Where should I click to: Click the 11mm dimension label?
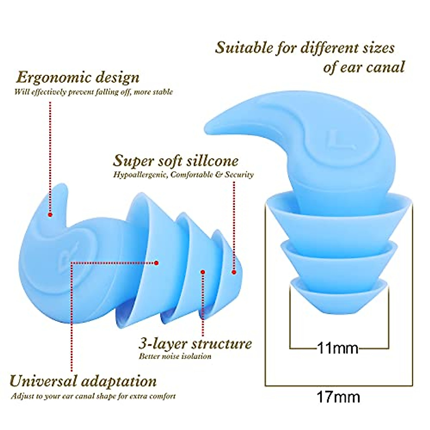(x=338, y=348)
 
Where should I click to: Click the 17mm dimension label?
(x=338, y=397)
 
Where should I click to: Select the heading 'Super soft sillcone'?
(x=176, y=161)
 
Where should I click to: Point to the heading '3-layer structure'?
(x=195, y=344)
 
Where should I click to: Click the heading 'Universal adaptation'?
(x=83, y=381)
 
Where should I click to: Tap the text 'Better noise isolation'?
(x=175, y=356)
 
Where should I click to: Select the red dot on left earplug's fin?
(x=50, y=215)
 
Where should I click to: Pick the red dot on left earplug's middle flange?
(x=203, y=272)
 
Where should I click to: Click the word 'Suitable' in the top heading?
(x=243, y=48)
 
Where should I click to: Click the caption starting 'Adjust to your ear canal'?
(x=93, y=396)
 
